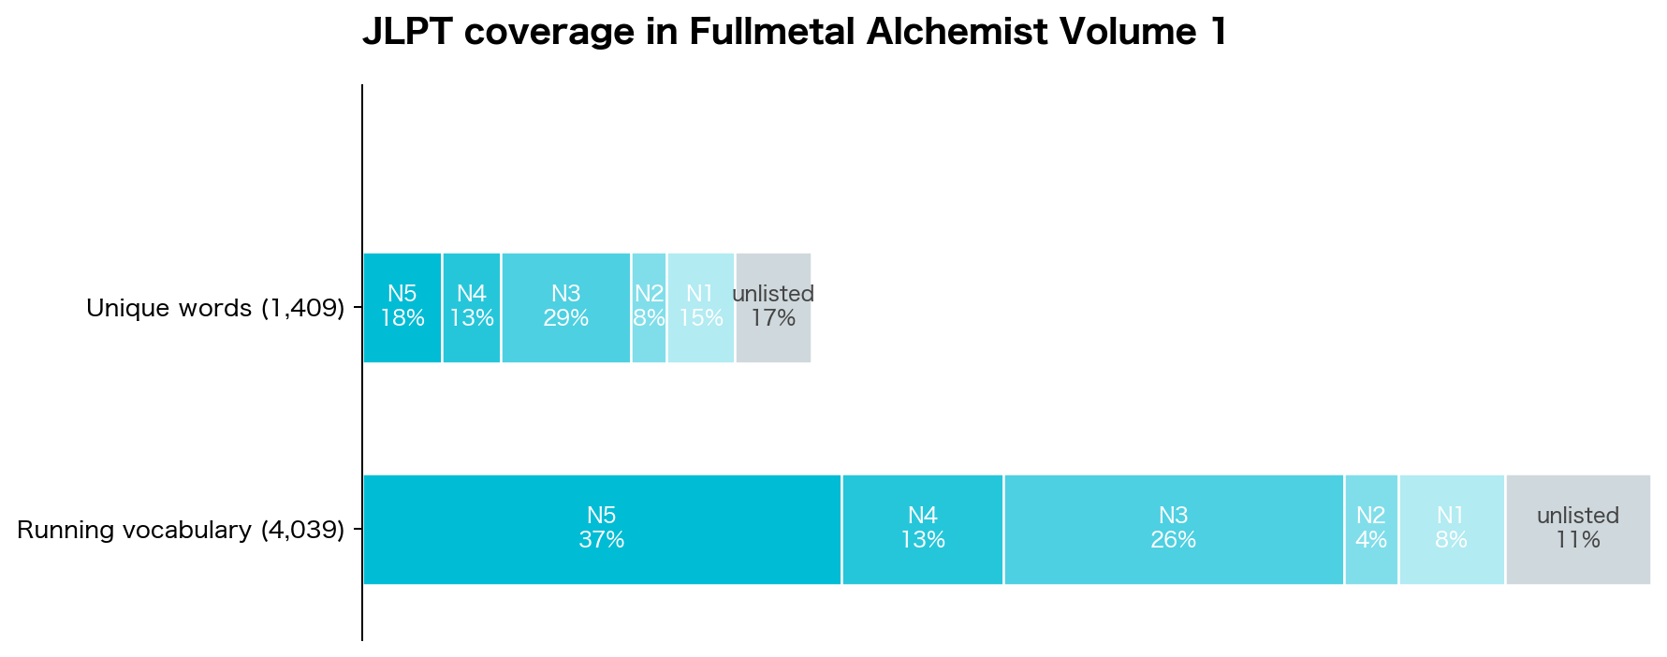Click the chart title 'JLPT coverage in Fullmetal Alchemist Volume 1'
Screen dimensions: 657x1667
pyautogui.click(x=794, y=33)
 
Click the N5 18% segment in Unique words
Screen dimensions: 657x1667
pyautogui.click(x=402, y=307)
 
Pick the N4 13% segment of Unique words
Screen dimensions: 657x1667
pyautogui.click(x=472, y=307)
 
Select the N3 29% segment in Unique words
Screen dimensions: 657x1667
pyautogui.click(x=566, y=307)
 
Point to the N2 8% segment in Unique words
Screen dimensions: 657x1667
pyautogui.click(x=649, y=307)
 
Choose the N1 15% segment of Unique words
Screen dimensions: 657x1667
pyautogui.click(x=701, y=307)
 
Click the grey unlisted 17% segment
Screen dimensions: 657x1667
pyautogui.click(x=773, y=307)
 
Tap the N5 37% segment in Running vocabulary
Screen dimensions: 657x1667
pyautogui.click(x=602, y=529)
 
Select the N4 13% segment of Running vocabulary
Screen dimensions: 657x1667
pyautogui.click(x=923, y=529)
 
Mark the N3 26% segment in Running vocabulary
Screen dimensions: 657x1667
pyautogui.click(x=1174, y=529)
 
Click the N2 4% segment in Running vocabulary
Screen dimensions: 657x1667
pyautogui.click(x=1371, y=529)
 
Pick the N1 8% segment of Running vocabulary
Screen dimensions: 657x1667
pyautogui.click(x=1452, y=529)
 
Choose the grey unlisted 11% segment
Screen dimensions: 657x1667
pyautogui.click(x=1578, y=529)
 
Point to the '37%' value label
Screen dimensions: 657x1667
pyautogui.click(x=602, y=540)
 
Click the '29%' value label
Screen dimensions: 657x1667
pyautogui.click(x=566, y=318)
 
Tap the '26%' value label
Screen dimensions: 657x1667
pyautogui.click(x=1174, y=540)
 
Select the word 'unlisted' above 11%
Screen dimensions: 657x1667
pyautogui.click(x=1578, y=516)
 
